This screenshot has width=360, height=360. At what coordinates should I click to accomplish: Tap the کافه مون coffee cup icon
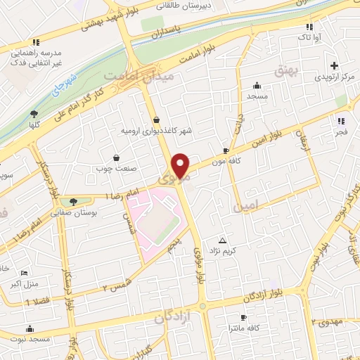tap(225, 150)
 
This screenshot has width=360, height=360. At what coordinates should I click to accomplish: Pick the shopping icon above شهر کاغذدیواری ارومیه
tap(155, 119)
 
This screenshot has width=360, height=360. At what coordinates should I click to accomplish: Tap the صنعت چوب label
tap(114, 169)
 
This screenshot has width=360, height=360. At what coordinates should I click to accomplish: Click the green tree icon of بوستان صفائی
tap(73, 202)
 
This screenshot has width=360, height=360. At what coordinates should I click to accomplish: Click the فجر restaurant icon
tap(341, 121)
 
